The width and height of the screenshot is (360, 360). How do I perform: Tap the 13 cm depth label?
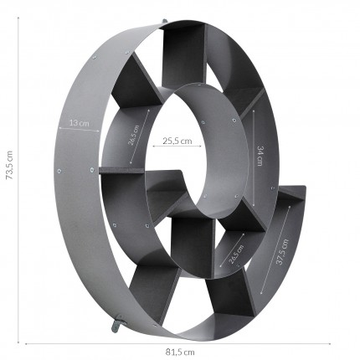79,122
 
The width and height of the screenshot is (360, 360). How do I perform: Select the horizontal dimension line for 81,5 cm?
180,343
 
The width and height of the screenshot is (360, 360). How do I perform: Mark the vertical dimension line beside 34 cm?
253,156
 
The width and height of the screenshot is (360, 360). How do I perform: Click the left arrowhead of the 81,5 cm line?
28,343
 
